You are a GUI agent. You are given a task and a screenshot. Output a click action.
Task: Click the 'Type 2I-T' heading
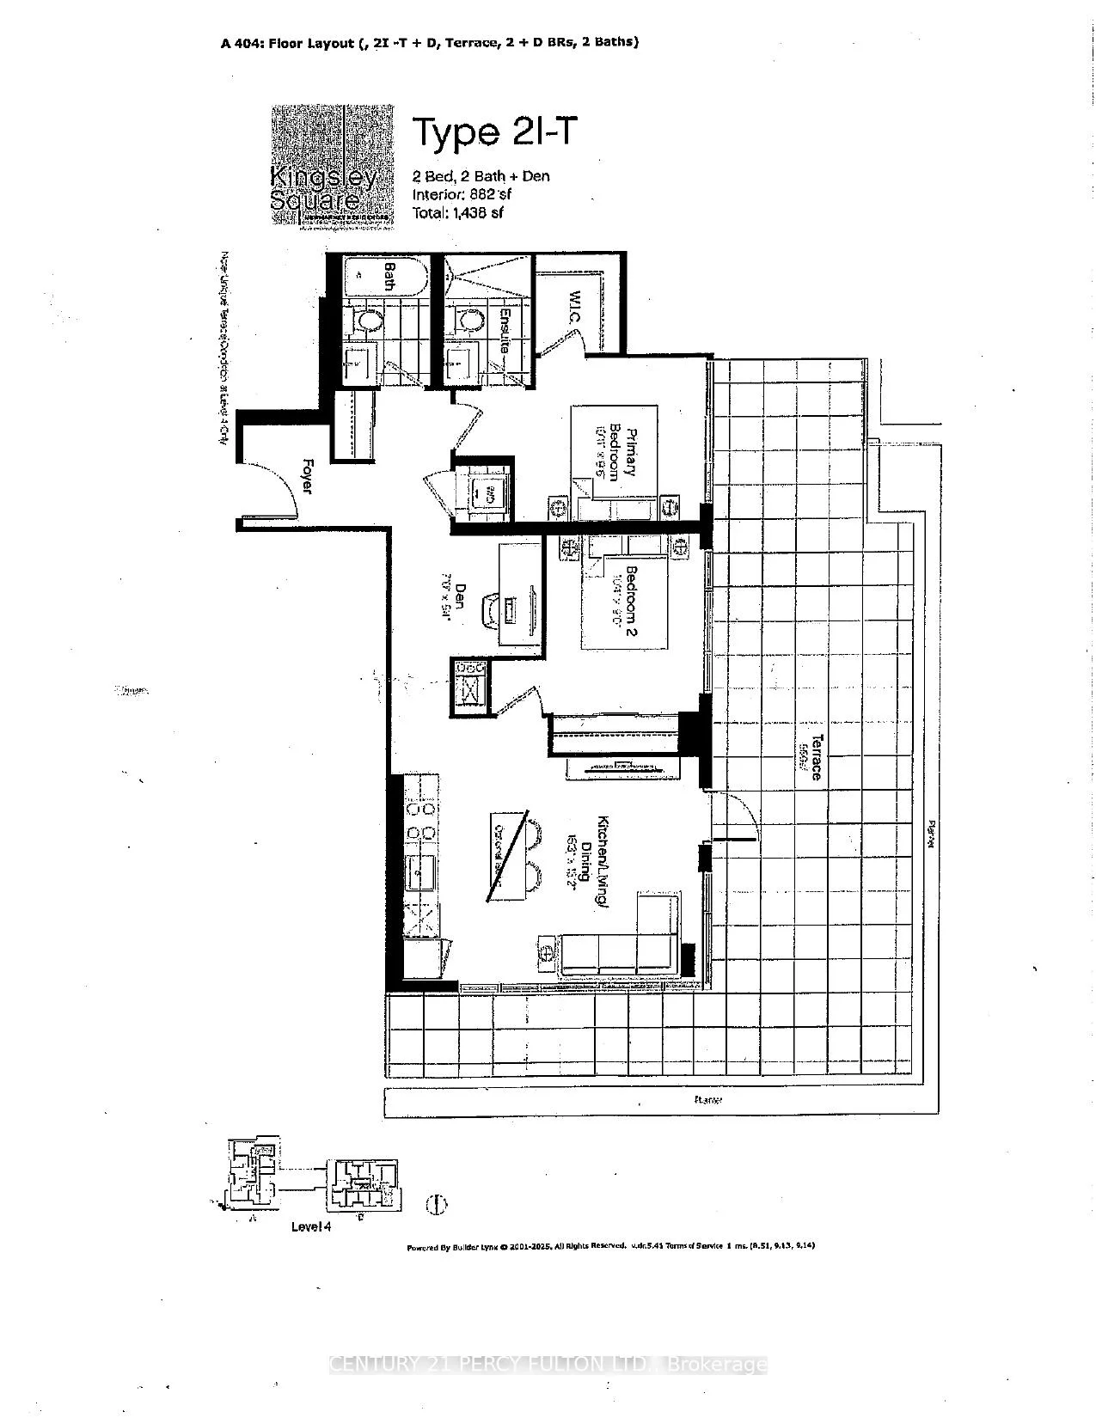point(492,132)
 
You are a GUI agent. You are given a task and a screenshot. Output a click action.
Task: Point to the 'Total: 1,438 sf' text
point(458,212)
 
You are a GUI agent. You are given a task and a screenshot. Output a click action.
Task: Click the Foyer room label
point(306,476)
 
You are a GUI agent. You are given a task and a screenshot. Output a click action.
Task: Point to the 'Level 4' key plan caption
point(310,1226)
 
